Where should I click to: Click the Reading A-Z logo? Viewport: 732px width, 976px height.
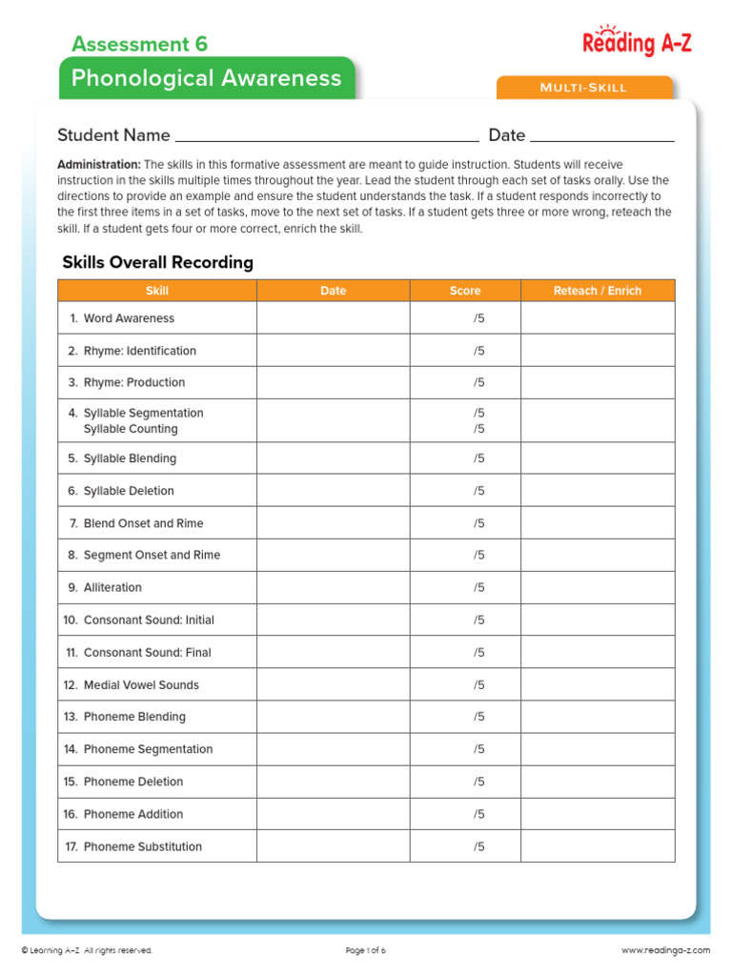(637, 41)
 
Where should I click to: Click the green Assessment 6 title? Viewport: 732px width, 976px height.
(139, 44)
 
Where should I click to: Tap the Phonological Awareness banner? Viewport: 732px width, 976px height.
(206, 78)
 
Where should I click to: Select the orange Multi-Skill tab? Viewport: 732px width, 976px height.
(583, 88)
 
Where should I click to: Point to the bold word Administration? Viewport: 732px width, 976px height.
(99, 165)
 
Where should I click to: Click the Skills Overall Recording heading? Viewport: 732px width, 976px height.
(157, 262)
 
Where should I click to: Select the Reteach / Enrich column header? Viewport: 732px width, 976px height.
(598, 291)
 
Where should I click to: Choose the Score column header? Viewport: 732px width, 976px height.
(465, 291)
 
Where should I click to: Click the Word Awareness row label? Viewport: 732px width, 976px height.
(129, 318)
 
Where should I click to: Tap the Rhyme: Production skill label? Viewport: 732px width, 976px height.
(133, 382)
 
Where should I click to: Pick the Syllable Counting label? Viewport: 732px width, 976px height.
(131, 429)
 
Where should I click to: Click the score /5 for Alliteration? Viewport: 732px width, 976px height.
(478, 587)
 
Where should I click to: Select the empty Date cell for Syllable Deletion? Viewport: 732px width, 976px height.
(333, 491)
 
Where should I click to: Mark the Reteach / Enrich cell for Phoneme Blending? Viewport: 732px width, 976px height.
(598, 717)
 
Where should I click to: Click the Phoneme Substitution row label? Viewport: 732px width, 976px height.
(142, 846)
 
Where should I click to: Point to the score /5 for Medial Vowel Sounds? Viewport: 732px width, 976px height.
(478, 684)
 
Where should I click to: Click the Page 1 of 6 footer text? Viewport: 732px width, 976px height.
(365, 950)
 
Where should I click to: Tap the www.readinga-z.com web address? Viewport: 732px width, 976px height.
(665, 950)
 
